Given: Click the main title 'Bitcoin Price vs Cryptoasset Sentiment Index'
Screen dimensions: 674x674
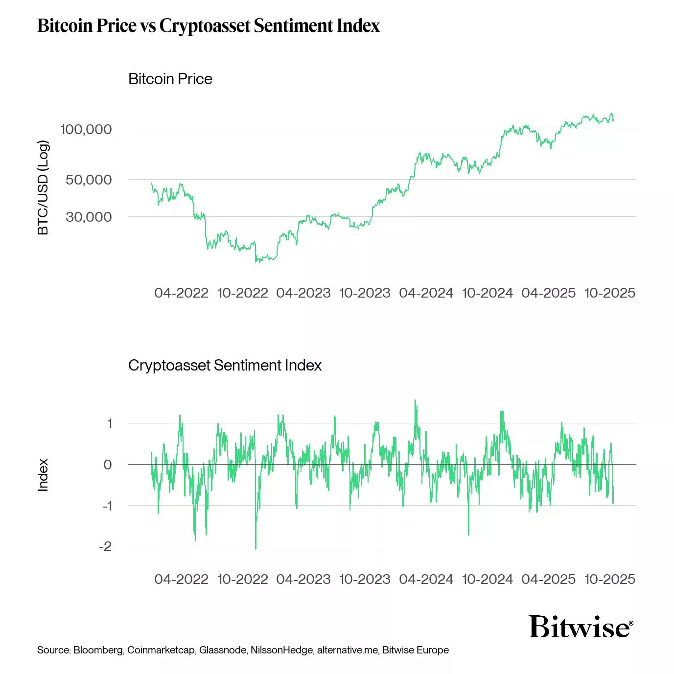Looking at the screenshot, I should [209, 25].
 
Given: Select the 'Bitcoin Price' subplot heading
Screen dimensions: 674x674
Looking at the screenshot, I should [170, 79].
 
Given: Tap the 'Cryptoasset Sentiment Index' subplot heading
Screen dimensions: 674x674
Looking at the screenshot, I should [225, 365].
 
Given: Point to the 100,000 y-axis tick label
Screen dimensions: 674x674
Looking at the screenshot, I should [86, 129].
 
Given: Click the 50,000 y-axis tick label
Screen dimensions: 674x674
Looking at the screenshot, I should [89, 180].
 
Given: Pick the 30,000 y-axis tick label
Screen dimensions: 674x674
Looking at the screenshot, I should [89, 217].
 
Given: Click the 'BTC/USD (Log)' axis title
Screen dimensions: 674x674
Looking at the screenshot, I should [43, 187].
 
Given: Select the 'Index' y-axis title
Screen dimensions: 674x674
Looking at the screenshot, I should [43, 475].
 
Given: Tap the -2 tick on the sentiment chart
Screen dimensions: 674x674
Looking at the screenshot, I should [105, 546].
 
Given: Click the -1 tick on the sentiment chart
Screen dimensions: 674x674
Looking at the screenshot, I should [107, 506].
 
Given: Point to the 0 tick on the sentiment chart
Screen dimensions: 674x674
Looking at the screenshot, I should [108, 465].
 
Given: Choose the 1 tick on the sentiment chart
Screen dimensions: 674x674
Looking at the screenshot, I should [109, 423].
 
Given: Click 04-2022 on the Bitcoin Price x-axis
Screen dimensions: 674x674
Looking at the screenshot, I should [181, 293].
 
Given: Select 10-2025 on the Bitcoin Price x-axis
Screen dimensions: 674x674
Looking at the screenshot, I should [610, 293].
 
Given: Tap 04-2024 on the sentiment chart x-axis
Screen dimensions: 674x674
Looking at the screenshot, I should [426, 579].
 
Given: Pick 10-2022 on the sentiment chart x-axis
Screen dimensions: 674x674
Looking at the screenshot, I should [243, 579].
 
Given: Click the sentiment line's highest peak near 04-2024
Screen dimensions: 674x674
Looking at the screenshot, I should [416, 400].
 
